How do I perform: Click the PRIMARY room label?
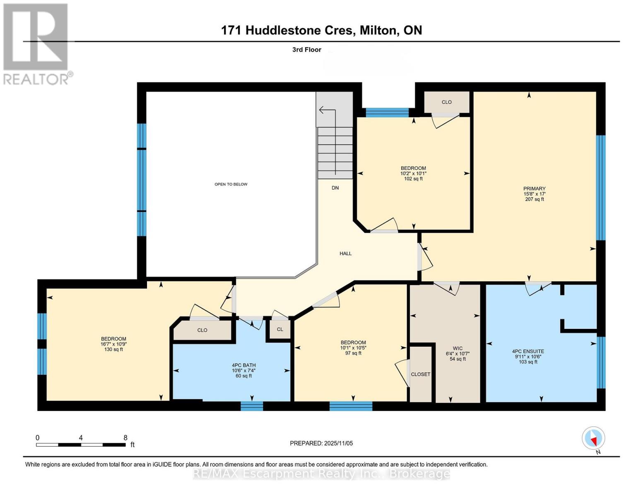534,188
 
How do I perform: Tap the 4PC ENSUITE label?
528,351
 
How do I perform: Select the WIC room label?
458,348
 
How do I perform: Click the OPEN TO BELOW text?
231,184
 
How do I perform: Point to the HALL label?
345,253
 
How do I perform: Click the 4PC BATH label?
243,365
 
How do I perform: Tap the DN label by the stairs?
335,188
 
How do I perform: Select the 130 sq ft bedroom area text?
113,350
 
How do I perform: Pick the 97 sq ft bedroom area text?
353,353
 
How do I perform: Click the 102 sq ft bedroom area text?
413,179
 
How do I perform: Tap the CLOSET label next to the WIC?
421,374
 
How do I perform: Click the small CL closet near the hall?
280,330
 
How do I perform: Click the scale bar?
81,445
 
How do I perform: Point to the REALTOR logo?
36,43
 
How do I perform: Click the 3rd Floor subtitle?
307,50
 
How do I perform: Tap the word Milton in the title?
377,30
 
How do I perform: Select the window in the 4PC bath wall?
252,406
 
